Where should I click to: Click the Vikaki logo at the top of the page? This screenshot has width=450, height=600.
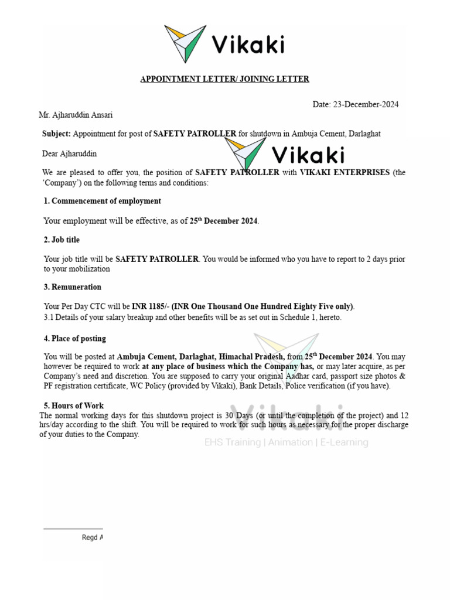pyautogui.click(x=225, y=43)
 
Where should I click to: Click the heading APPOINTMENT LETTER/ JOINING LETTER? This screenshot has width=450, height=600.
pyautogui.click(x=224, y=79)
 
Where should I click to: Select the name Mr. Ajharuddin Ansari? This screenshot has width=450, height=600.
pyautogui.click(x=76, y=115)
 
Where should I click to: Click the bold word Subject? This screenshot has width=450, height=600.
pyautogui.click(x=56, y=134)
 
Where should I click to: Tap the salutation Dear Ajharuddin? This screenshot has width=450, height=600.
pyautogui.click(x=69, y=154)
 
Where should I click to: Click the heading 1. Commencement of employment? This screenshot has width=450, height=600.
pyautogui.click(x=102, y=201)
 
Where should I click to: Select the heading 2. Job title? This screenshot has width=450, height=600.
pyautogui.click(x=62, y=240)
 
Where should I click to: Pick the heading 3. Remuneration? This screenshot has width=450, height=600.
pyautogui.click(x=72, y=287)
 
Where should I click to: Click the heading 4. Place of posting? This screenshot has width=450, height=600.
pyautogui.click(x=74, y=339)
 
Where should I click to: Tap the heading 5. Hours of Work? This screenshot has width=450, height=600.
pyautogui.click(x=73, y=405)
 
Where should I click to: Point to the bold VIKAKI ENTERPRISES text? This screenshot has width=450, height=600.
pyautogui.click(x=345, y=173)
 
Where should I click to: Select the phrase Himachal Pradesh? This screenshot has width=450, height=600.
pyautogui.click(x=252, y=357)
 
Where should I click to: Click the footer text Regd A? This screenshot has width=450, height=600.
pyautogui.click(x=93, y=537)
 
